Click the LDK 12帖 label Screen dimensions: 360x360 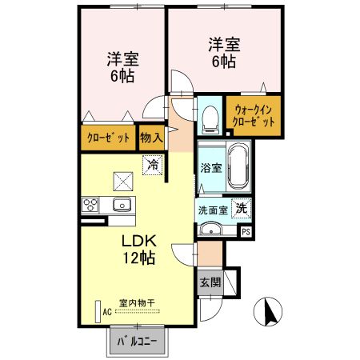pos(138,250)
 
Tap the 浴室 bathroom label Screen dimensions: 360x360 pos(210,169)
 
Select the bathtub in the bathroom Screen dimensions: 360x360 pos(238,166)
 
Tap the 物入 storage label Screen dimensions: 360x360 pos(151,138)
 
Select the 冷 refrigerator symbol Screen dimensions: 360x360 pos(152,166)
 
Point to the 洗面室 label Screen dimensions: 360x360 pos(213,209)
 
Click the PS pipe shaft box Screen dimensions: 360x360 pos(246,231)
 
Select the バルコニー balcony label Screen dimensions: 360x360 pos(138,342)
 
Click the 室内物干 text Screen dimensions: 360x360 pos(136,302)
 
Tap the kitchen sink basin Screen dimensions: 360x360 pos(122,204)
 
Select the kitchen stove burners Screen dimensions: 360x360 pos(89,205)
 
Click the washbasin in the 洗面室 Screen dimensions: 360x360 pos(211,230)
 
